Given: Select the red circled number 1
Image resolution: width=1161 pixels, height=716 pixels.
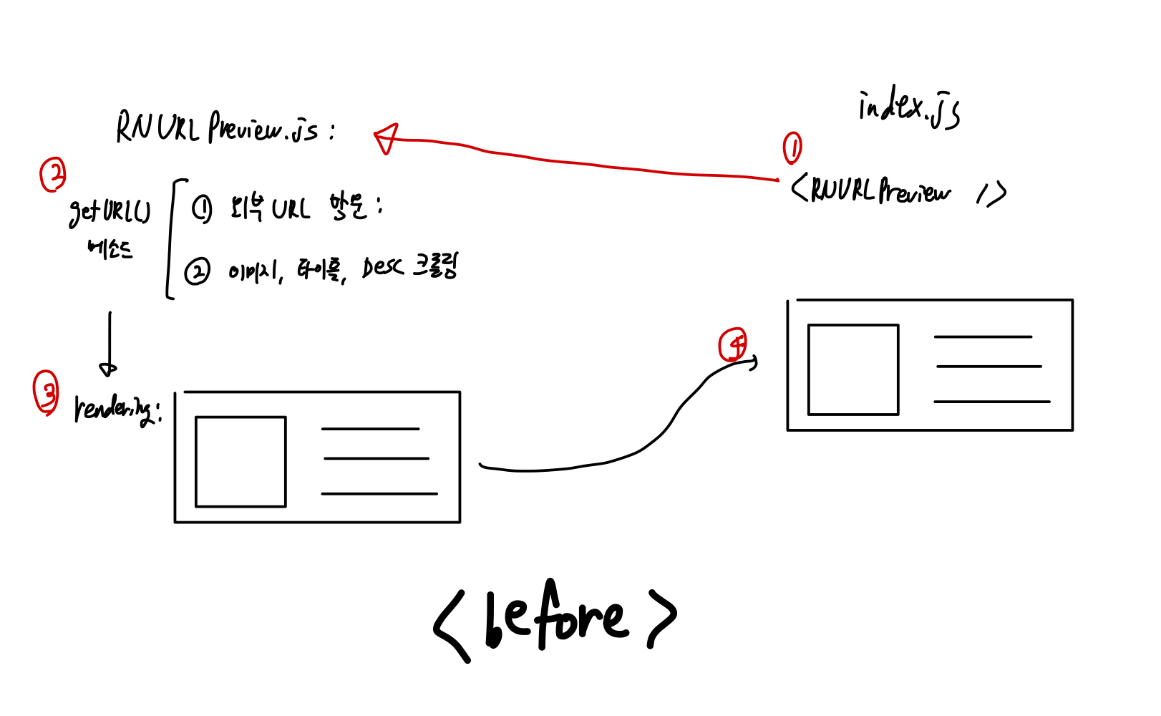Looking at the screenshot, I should (x=792, y=148).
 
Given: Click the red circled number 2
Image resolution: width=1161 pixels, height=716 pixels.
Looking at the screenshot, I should (x=53, y=175).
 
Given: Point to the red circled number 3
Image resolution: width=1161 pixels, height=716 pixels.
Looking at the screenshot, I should (x=47, y=392).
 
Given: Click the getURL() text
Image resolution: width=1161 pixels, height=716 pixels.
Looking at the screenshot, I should (x=110, y=211).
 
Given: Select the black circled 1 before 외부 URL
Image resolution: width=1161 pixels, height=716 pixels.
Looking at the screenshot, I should (x=202, y=209).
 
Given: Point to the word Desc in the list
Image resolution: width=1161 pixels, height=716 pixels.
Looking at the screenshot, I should (x=382, y=268).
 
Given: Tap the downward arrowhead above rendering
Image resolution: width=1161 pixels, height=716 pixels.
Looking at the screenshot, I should (x=108, y=369).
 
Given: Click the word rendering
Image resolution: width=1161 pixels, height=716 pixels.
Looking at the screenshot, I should (x=115, y=409).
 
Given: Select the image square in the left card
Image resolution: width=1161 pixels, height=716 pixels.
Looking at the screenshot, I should (x=241, y=462).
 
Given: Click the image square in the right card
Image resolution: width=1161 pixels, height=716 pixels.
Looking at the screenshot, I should (x=852, y=369).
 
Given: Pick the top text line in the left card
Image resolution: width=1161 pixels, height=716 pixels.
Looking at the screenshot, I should (x=370, y=429).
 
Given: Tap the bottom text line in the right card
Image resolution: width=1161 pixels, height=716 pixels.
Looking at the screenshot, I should (x=991, y=402).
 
